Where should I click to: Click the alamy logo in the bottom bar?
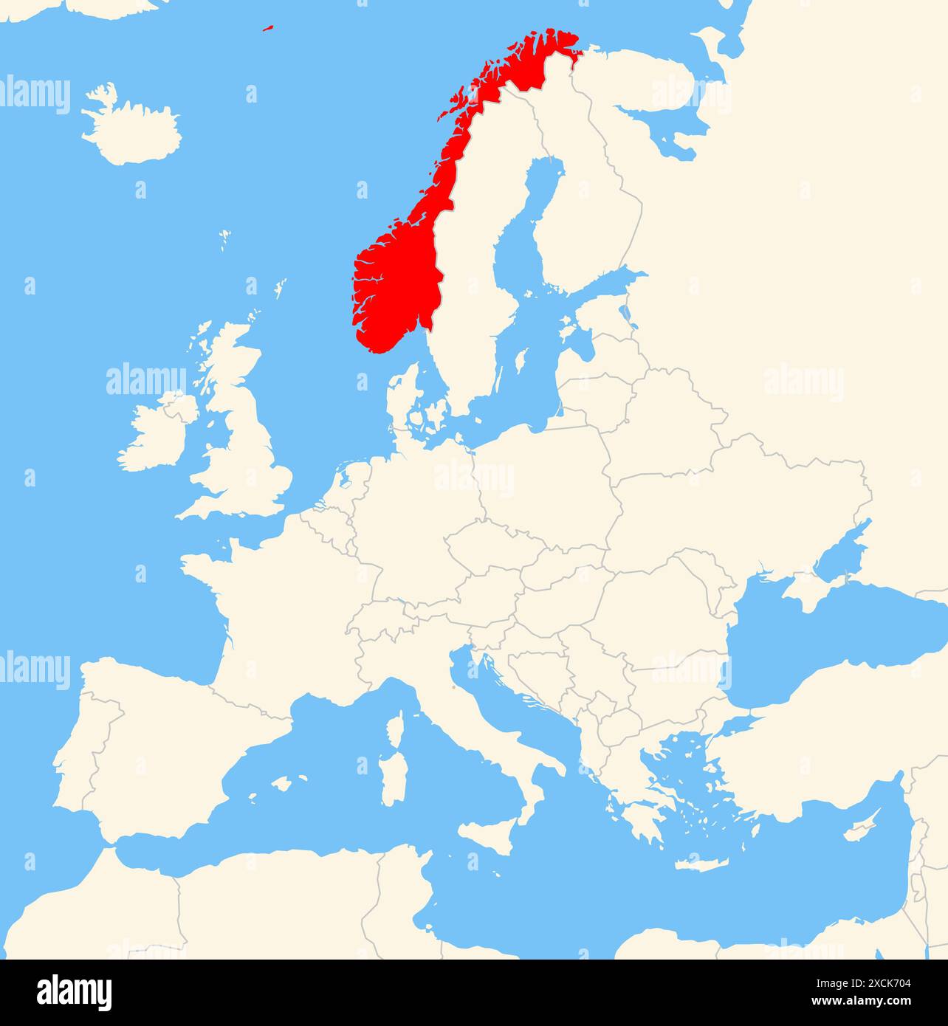point(74,992)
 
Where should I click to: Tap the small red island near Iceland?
point(268,29)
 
